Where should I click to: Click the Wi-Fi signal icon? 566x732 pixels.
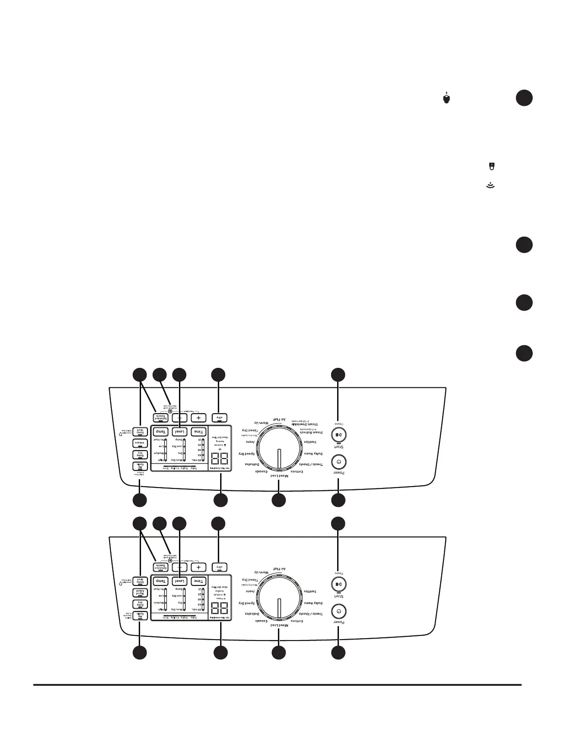pyautogui.click(x=491, y=186)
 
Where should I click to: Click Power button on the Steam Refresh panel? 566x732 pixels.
pyautogui.click(x=339, y=462)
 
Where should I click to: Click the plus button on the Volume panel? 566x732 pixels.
pyautogui.click(x=198, y=418)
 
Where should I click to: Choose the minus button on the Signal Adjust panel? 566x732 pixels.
pyautogui.click(x=180, y=567)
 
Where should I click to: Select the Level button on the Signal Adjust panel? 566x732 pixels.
pyautogui.click(x=179, y=581)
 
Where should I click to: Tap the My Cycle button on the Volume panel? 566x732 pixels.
pyautogui.click(x=140, y=467)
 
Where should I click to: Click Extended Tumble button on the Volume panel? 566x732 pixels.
pyautogui.click(x=160, y=416)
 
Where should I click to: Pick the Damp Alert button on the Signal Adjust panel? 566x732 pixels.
pyautogui.click(x=140, y=581)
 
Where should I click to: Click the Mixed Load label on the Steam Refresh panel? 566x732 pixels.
pyautogui.click(x=279, y=476)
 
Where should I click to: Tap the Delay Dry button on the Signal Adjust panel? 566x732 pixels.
pyautogui.click(x=140, y=604)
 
